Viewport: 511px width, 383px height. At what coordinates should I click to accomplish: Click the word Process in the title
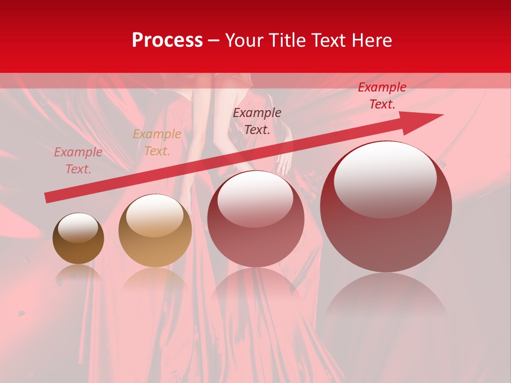point(167,40)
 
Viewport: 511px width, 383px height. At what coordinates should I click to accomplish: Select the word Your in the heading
point(245,40)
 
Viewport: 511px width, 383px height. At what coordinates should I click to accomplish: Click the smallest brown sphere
point(78,238)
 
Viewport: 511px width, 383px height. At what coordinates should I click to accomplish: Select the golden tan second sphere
point(155,230)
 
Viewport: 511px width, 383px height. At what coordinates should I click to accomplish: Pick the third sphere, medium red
point(256,219)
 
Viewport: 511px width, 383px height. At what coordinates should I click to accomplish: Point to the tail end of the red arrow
point(48,198)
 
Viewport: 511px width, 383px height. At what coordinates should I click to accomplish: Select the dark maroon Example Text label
point(257,121)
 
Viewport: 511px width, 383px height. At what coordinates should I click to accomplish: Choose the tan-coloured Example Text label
point(157,143)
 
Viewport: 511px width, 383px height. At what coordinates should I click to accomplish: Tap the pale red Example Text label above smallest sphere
point(78,161)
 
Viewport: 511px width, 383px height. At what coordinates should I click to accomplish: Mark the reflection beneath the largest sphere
point(386,298)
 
